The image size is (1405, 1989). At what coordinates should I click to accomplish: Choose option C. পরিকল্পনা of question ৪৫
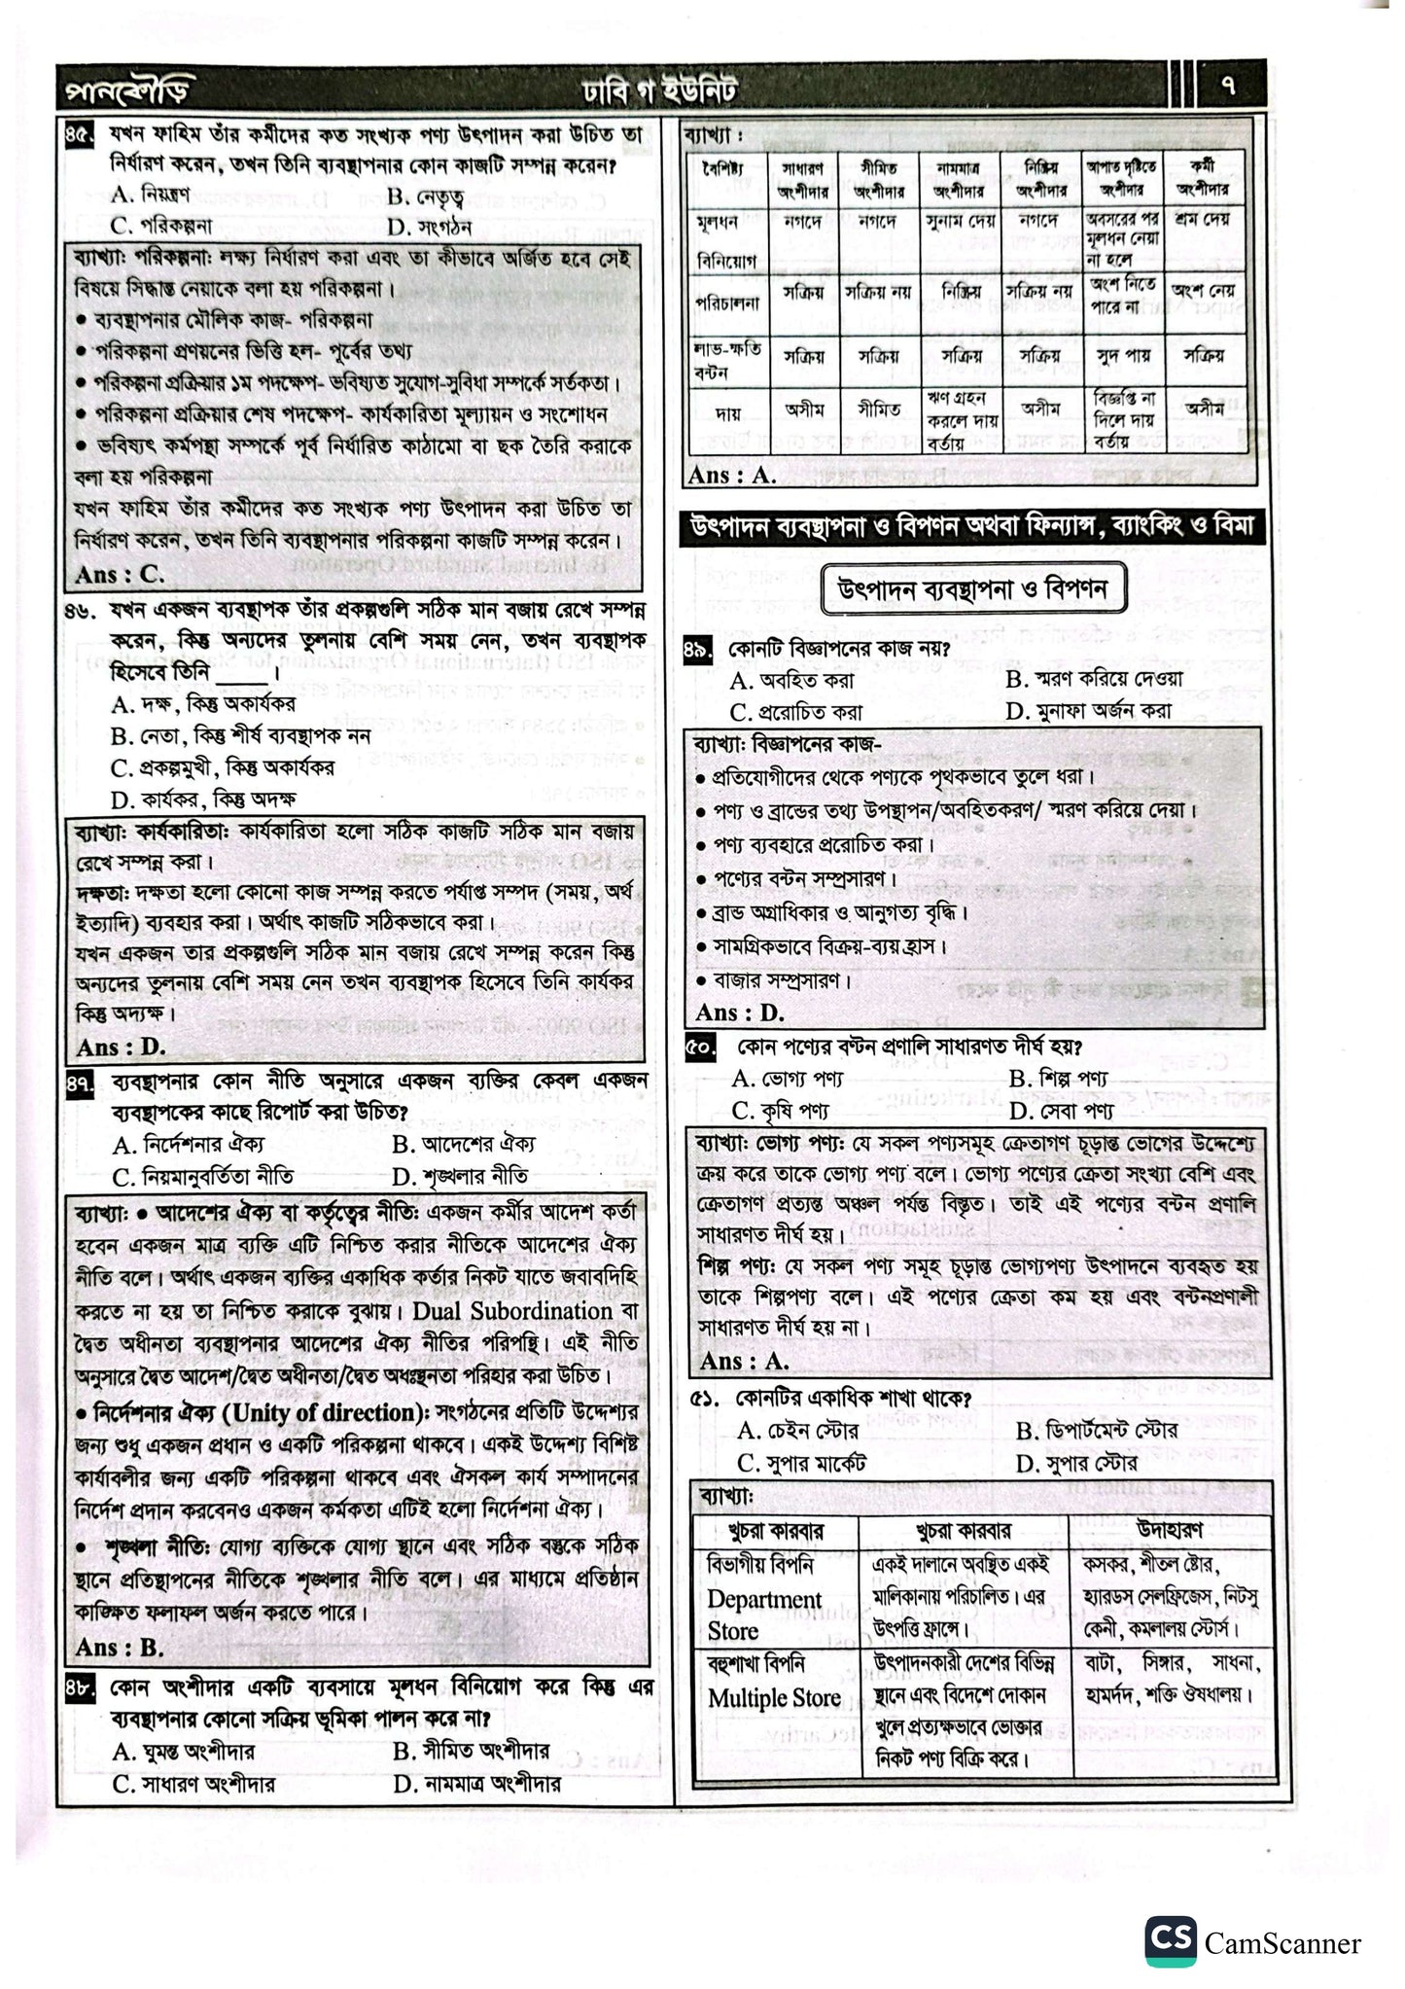161,227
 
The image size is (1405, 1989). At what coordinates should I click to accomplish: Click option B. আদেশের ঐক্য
464,1144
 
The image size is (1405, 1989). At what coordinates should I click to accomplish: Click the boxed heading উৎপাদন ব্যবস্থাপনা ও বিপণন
968,590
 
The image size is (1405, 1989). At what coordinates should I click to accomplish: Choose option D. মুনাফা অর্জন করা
1088,710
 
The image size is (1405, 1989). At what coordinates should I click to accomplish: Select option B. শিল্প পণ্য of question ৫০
1057,1078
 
